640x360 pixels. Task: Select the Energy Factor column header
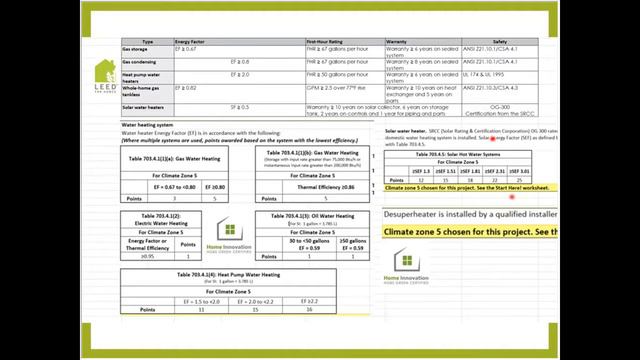191,42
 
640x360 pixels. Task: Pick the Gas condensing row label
140,61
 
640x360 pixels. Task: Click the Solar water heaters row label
144,106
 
